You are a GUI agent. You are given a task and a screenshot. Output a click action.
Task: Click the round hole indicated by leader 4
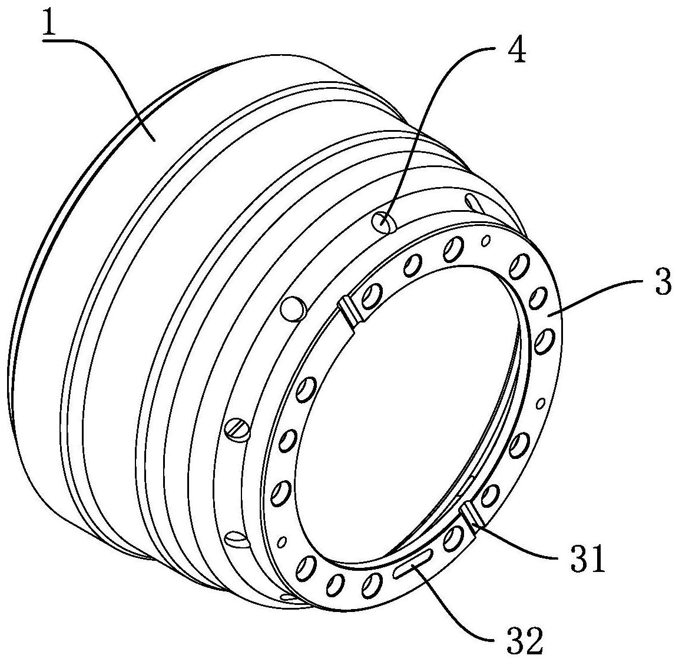(383, 223)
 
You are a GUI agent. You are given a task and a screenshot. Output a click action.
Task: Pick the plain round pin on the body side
(294, 307)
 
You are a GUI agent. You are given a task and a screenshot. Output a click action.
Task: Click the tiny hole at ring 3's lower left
(283, 540)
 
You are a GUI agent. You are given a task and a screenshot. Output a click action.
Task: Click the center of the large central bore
(406, 412)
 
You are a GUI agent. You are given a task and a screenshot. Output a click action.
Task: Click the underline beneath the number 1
(55, 39)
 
